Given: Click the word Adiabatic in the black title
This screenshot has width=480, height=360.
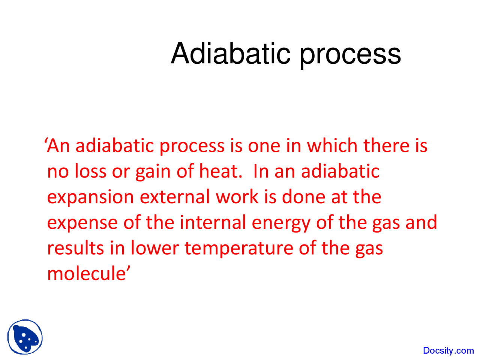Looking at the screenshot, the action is pyautogui.click(x=231, y=53).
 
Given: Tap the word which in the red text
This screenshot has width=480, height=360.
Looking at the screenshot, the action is pyautogui.click(x=332, y=145).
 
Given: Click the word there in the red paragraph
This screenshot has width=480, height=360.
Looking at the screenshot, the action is pyautogui.click(x=386, y=145).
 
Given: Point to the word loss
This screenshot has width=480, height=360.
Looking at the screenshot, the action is pyautogui.click(x=90, y=171).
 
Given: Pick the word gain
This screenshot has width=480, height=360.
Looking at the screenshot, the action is pyautogui.click(x=153, y=172).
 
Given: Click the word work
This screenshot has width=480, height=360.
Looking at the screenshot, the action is pyautogui.click(x=237, y=196).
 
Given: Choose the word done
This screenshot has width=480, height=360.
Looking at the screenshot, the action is pyautogui.click(x=303, y=196).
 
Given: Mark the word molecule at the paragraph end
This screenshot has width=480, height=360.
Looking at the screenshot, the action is pyautogui.click(x=86, y=273).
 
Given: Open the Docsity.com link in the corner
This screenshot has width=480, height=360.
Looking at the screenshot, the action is pyautogui.click(x=448, y=350).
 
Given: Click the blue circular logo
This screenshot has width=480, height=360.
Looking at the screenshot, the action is pyautogui.click(x=25, y=337).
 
